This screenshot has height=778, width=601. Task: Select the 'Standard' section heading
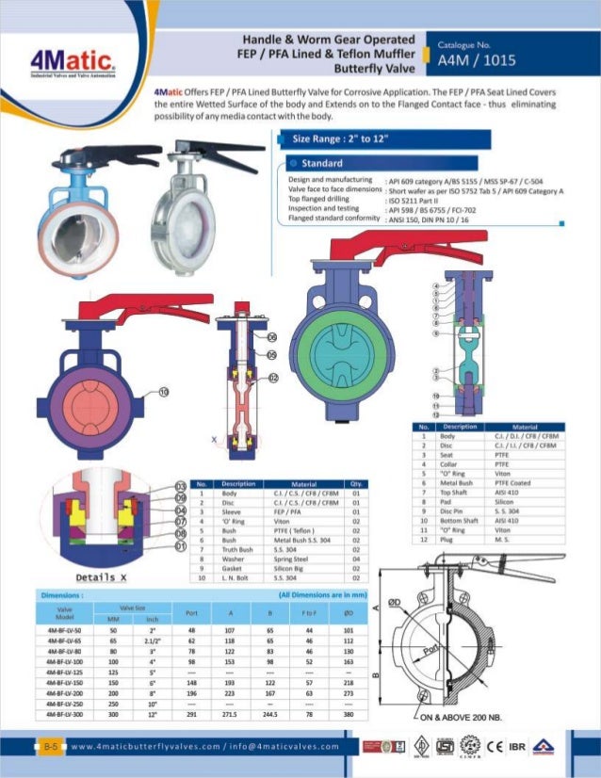point(321,163)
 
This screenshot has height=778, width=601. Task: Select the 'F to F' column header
point(308,613)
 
